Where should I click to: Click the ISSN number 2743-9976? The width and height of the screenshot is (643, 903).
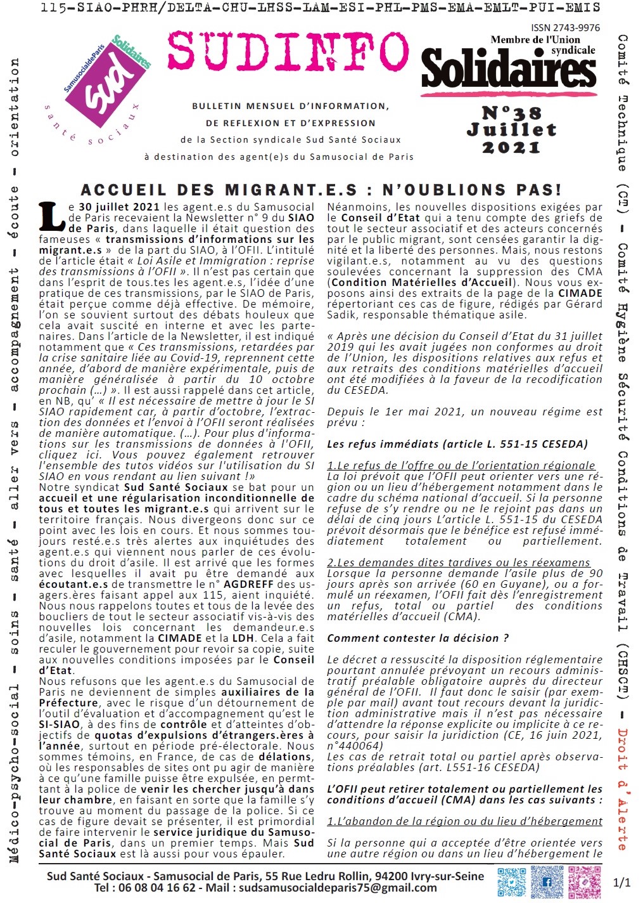tap(566, 28)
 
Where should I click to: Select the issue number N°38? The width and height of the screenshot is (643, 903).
tap(512, 114)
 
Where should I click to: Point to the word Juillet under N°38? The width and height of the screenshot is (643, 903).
tap(511, 130)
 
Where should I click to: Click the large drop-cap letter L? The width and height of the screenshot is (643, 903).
tap(51, 216)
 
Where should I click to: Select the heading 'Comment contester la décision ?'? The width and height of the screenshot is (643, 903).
tap(417, 639)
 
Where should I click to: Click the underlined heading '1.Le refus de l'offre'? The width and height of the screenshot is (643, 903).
tap(461, 465)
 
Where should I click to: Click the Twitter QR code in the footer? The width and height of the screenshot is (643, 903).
tap(511, 882)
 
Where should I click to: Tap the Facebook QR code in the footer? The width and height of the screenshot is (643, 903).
tap(547, 882)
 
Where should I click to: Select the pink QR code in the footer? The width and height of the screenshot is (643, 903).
tap(584, 882)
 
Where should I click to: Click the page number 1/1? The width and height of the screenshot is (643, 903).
tap(622, 883)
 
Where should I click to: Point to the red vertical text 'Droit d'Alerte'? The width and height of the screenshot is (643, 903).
tap(622, 789)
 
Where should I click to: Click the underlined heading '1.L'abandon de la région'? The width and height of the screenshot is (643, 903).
tap(464, 821)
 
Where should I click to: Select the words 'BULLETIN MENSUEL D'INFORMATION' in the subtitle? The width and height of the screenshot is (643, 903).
tap(291, 106)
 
